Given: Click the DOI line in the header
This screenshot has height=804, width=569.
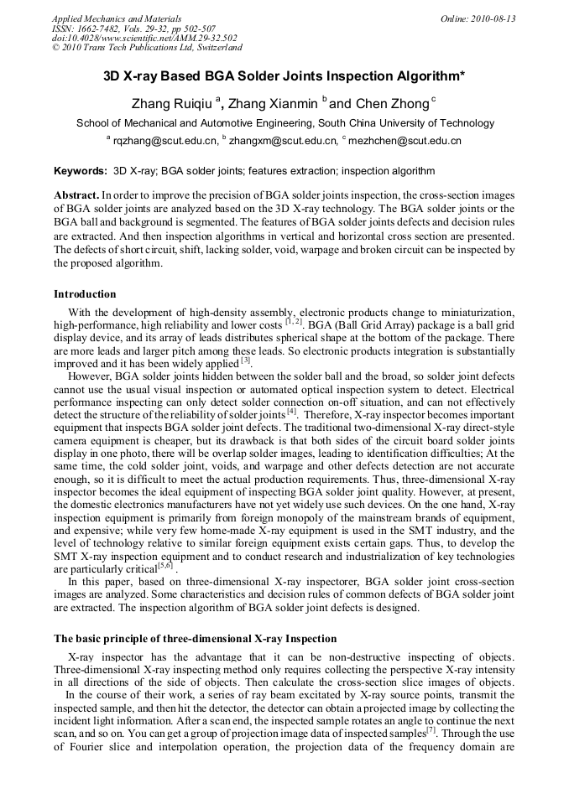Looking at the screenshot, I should [144, 38].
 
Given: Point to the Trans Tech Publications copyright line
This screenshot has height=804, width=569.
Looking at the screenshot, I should [147, 48].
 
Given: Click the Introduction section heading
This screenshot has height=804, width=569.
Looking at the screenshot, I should [85, 294].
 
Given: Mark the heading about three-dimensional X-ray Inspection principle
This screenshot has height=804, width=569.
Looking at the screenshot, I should [196, 639].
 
